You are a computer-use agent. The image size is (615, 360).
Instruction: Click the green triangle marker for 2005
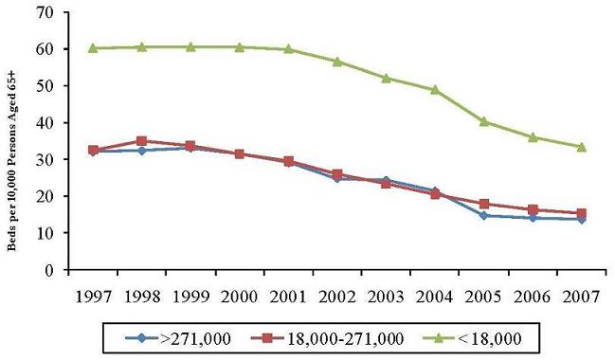(484, 121)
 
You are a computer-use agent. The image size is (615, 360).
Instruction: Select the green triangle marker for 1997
(92, 48)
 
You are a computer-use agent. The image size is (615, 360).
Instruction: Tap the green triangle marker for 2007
(582, 147)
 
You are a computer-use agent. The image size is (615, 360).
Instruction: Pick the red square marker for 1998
(141, 141)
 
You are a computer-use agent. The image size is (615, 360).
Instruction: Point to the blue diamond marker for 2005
(484, 215)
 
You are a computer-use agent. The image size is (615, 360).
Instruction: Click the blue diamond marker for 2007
(582, 219)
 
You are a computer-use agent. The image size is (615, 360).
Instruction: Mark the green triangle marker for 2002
(337, 62)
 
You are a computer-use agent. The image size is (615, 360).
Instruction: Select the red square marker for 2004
(435, 193)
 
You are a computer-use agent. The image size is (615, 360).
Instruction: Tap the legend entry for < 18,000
(464, 335)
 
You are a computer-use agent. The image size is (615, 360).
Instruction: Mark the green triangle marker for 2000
(239, 46)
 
